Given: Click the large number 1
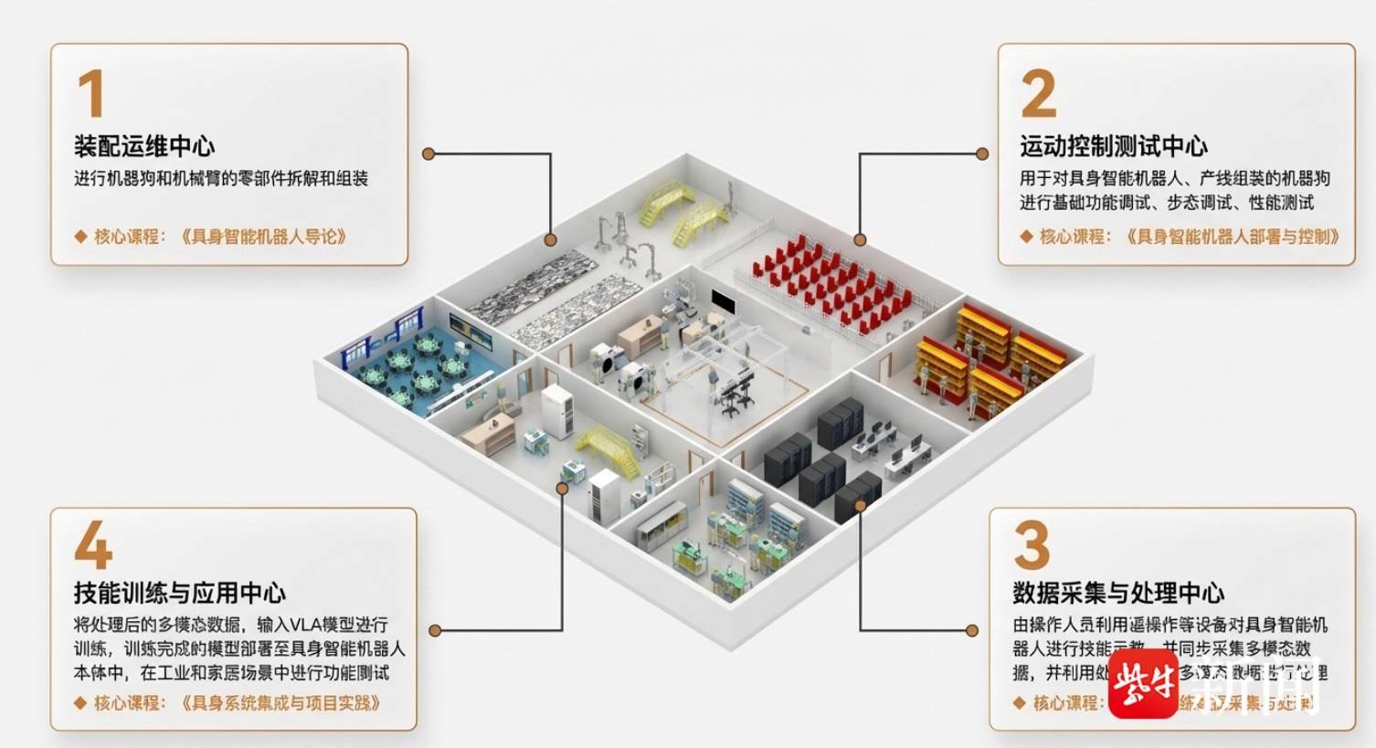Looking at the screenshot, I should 90,93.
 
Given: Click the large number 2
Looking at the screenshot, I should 1038,93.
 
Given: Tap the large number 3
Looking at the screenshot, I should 1032,545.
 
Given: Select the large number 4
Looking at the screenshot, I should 92,547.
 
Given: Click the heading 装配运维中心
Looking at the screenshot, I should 144,146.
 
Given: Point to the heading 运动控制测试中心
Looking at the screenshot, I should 1113,146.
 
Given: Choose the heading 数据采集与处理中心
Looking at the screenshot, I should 1117,593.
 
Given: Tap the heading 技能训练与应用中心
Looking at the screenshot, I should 179,593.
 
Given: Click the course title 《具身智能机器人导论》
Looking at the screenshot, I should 264,237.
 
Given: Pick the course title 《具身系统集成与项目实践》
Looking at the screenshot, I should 280,702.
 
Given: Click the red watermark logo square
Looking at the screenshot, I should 1143,684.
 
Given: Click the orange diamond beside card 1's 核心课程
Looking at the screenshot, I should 80,237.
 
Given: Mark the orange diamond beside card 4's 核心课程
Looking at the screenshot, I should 80,702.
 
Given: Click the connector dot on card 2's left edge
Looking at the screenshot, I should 982,154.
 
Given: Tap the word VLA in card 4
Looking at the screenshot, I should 296,625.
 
